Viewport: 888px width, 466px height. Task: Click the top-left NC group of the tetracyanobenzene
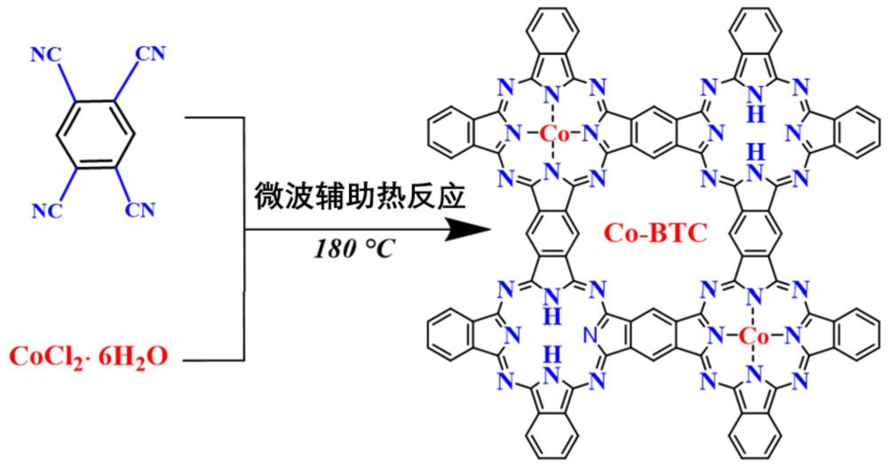46,55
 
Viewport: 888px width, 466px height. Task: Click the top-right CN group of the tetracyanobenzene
150,54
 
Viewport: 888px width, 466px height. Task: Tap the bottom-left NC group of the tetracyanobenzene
46,210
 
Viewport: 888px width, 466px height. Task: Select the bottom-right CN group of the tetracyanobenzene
140,209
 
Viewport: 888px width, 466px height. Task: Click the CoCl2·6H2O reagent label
89,357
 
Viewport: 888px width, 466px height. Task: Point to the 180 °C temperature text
353,249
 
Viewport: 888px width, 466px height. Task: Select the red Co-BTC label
655,233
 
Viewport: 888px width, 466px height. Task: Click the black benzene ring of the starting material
95,134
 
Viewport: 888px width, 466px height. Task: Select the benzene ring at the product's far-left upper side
452,134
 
